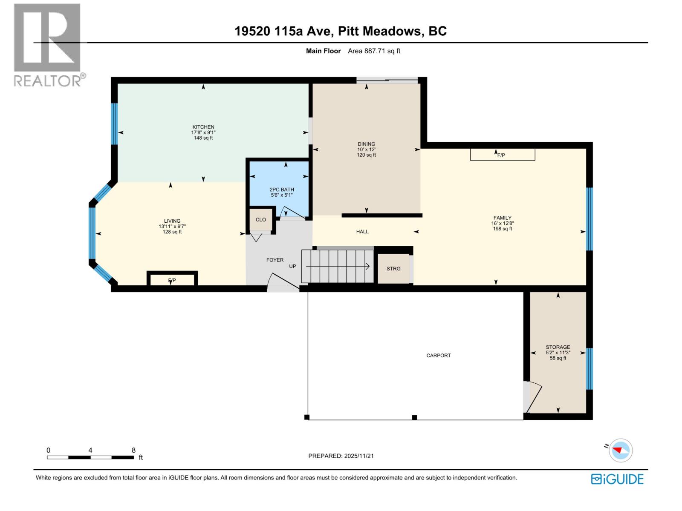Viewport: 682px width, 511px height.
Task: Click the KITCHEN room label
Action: tap(203, 127)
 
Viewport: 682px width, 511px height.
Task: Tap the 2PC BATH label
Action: tap(282, 189)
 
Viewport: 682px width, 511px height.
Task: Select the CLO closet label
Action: tap(260, 220)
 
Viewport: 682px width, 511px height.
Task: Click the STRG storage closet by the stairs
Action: tap(393, 269)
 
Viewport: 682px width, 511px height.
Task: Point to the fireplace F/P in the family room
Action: tap(502, 155)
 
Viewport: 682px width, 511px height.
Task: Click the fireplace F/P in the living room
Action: tap(172, 280)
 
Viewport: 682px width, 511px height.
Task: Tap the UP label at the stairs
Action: tap(292, 266)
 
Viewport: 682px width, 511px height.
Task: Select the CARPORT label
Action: tap(438, 355)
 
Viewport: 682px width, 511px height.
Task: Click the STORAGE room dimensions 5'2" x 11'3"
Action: tap(558, 353)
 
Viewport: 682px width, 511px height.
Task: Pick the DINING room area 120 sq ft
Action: tap(366, 155)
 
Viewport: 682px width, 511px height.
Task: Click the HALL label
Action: tap(362, 232)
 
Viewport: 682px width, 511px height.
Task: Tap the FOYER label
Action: tap(275, 260)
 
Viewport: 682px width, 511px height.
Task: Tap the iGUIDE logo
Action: tap(617, 479)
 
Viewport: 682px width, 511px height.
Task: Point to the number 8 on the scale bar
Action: tap(133, 450)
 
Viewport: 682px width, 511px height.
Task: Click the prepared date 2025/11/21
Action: tap(358, 456)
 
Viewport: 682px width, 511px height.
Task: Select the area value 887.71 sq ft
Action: tap(374, 51)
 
